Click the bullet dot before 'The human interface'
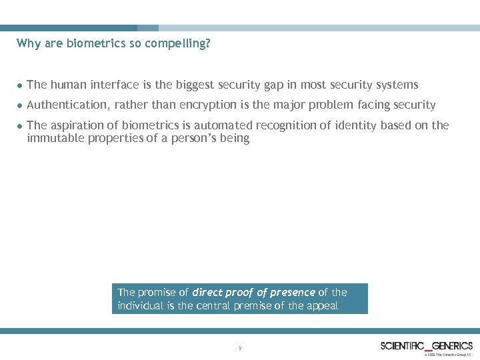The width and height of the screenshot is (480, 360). [20, 85]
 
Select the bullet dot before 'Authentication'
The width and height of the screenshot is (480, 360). [20, 105]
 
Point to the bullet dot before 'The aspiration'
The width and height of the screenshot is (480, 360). [20, 126]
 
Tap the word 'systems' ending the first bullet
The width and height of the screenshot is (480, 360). [397, 85]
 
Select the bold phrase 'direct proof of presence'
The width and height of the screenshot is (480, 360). [254, 292]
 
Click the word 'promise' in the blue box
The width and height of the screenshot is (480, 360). [157, 292]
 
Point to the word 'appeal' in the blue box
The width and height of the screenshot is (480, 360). [321, 305]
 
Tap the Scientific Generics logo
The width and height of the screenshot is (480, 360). [426, 345]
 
